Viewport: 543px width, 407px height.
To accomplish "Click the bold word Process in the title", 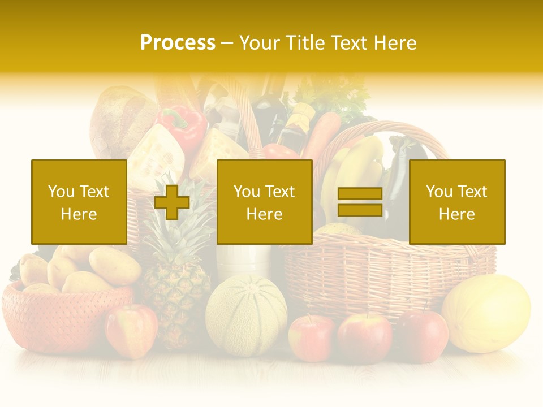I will [x=178, y=43].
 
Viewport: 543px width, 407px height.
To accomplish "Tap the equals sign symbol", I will [x=360, y=202].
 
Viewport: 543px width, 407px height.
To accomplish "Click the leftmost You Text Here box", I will [x=79, y=202].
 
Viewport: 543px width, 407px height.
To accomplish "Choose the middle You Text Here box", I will [x=264, y=202].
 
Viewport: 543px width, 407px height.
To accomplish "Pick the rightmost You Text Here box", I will [x=456, y=202].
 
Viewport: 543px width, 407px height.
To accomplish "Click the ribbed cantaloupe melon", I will [x=246, y=314].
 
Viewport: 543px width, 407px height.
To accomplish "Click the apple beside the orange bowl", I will [x=131, y=331].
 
